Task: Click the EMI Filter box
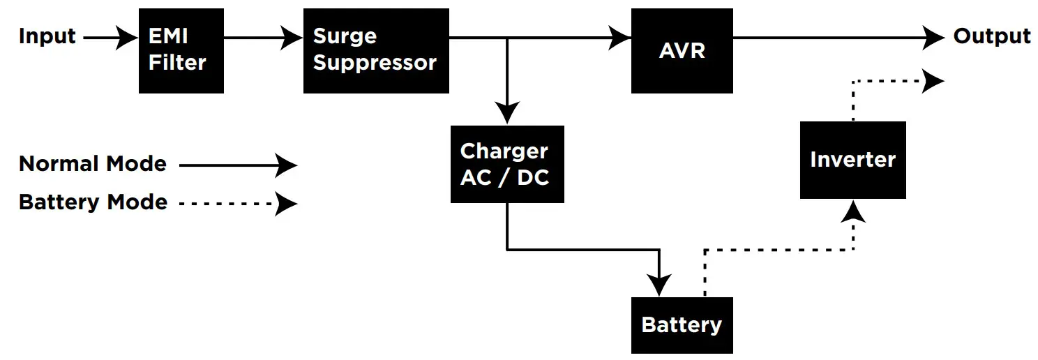pyautogui.click(x=181, y=51)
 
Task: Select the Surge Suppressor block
pyautogui.click(x=375, y=51)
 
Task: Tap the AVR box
pyautogui.click(x=682, y=51)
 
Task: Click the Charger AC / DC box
pyautogui.click(x=506, y=164)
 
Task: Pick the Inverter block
pyautogui.click(x=852, y=160)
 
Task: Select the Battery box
pyautogui.click(x=682, y=325)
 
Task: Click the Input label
pyautogui.click(x=47, y=36)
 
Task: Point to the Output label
pyautogui.click(x=991, y=36)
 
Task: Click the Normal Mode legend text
pyautogui.click(x=93, y=164)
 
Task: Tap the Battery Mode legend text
pyautogui.click(x=93, y=202)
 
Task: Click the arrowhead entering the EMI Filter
pyautogui.click(x=128, y=38)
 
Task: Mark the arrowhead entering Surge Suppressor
pyautogui.click(x=292, y=38)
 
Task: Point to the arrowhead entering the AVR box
pyautogui.click(x=619, y=38)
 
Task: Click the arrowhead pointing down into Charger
pyautogui.click(x=507, y=113)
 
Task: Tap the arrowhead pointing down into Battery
pyautogui.click(x=659, y=285)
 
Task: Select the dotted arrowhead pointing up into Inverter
pyautogui.click(x=852, y=211)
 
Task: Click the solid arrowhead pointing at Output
pyautogui.click(x=933, y=38)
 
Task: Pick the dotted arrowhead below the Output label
pyautogui.click(x=933, y=81)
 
